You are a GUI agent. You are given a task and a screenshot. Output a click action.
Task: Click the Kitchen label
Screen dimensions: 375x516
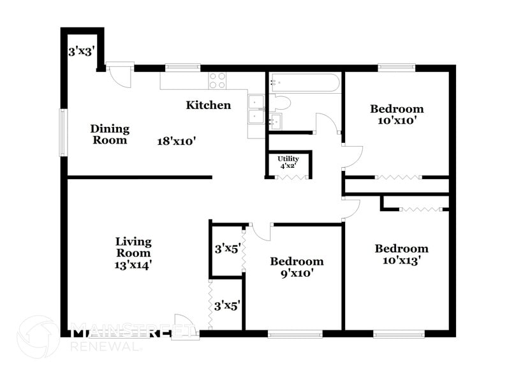tap(208, 105)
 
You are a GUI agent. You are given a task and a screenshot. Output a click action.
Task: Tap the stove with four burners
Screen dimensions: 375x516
tap(217, 80)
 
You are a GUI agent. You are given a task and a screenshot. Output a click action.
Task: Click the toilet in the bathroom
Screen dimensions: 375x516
tap(281, 103)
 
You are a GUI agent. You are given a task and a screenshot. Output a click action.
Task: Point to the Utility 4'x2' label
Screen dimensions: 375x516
tap(288, 162)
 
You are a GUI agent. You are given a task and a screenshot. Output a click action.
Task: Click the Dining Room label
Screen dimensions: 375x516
tap(110, 135)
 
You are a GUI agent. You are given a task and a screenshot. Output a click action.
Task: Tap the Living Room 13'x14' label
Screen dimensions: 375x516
tap(133, 252)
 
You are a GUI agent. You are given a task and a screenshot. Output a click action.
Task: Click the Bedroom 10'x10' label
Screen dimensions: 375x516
tap(397, 114)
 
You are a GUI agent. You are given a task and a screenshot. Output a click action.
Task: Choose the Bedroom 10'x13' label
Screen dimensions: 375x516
tap(401, 254)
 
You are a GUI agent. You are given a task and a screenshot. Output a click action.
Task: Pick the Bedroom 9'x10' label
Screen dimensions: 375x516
tap(297, 267)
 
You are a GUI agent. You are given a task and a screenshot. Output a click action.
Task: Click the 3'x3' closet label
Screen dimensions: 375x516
tap(82, 51)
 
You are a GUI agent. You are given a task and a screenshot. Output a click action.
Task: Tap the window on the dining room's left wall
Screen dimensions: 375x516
tap(63, 132)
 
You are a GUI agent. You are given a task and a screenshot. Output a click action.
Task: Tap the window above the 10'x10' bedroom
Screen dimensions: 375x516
tap(396, 67)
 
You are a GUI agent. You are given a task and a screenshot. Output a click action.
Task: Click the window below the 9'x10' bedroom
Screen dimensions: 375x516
tap(295, 334)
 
